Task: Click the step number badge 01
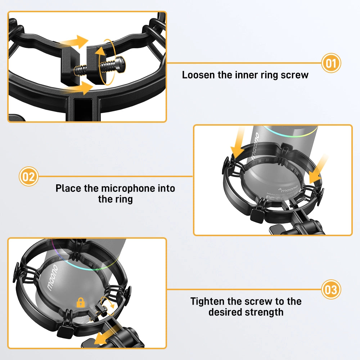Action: (330, 63)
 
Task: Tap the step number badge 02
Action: (28, 176)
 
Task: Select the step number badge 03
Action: (330, 289)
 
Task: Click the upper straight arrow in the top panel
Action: (74, 42)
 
